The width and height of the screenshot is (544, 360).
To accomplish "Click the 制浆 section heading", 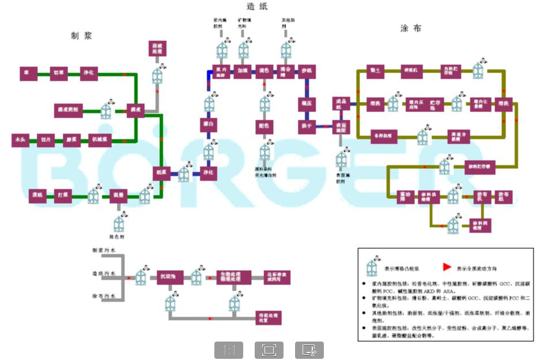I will (x=81, y=36).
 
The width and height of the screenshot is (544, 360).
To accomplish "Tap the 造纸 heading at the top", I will (x=257, y=7).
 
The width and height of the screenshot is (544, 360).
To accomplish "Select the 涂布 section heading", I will (x=410, y=28).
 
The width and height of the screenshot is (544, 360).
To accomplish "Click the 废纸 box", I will (x=37, y=196).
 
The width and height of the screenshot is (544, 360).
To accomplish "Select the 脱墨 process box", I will (x=118, y=196).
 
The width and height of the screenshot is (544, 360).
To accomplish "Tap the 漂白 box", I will (x=209, y=124).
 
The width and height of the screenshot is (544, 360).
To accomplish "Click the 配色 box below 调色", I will (x=264, y=126).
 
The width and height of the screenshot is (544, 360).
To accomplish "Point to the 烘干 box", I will (x=305, y=126).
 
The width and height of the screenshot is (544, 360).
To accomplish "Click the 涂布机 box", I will (x=482, y=196).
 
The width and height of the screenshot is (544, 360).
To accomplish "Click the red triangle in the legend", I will (x=447, y=267).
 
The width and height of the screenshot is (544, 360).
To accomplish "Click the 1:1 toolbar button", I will (x=229, y=350).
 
